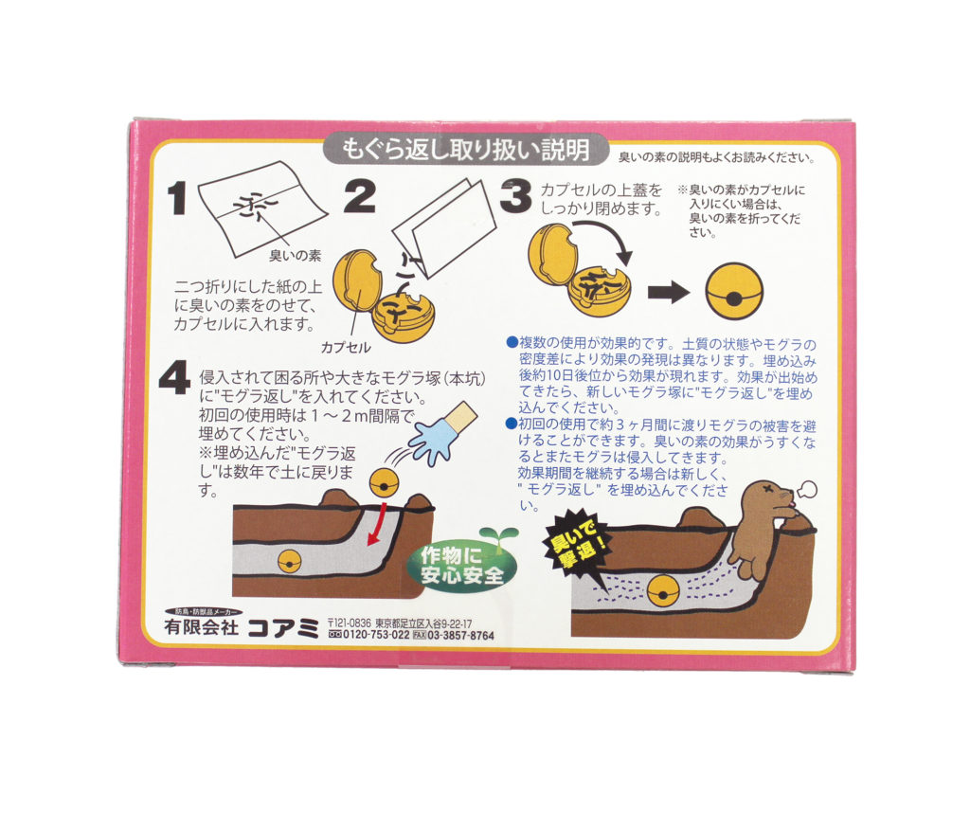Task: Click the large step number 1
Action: (177, 197)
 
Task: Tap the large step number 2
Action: (359, 196)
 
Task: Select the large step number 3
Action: (516, 197)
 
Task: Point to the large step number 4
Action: (175, 378)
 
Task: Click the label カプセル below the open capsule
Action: (345, 348)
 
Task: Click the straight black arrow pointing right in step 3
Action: (669, 293)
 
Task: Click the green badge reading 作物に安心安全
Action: (461, 566)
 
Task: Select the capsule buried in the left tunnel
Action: (290, 562)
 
